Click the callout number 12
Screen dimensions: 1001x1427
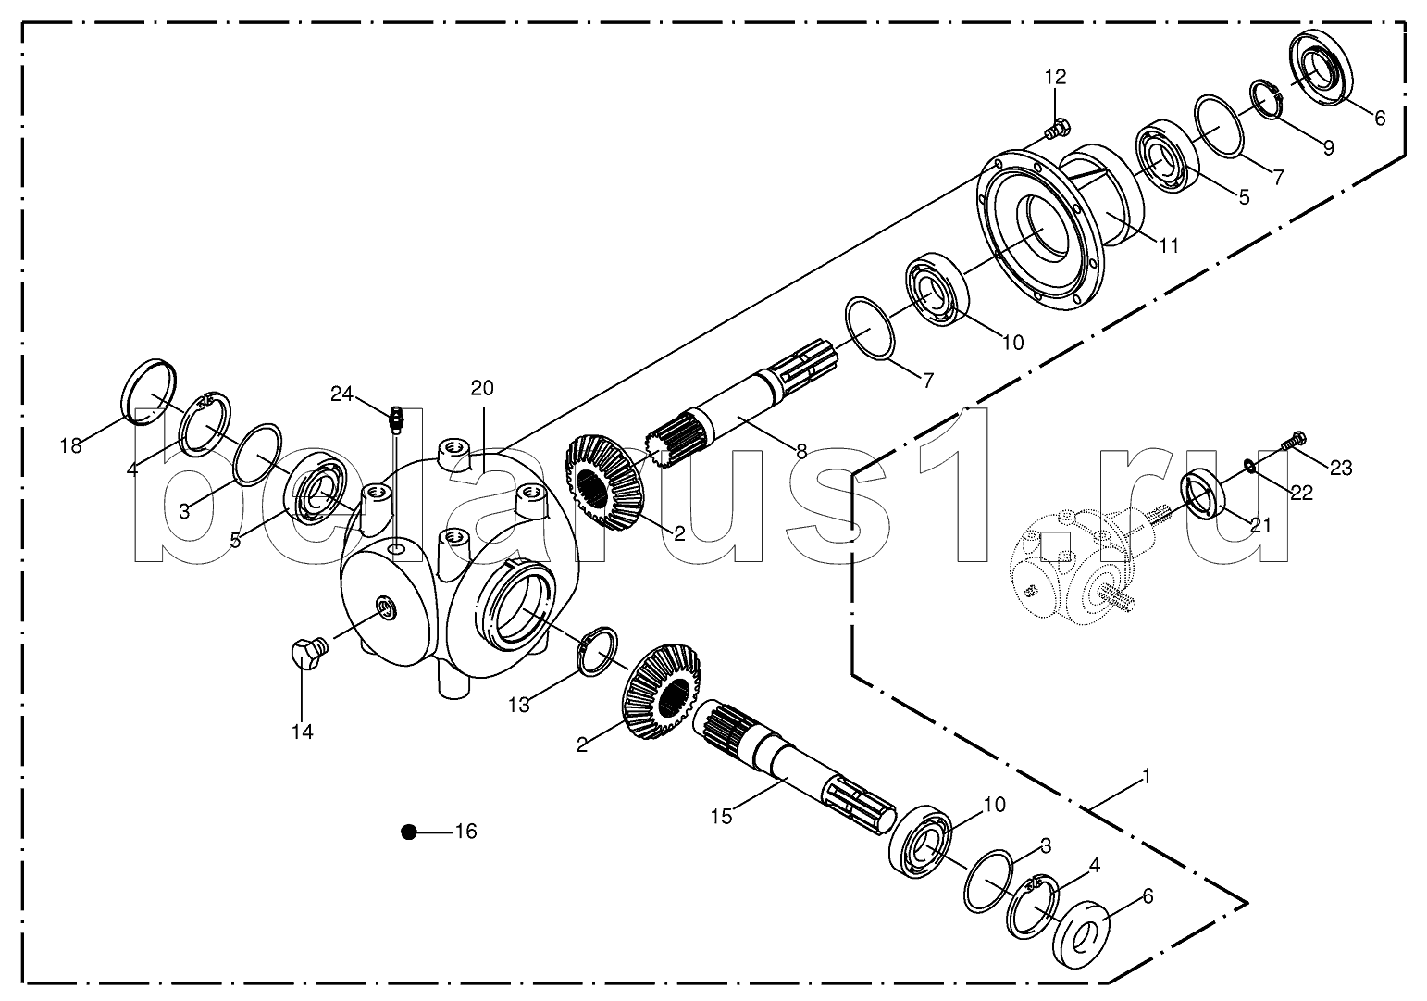(1056, 77)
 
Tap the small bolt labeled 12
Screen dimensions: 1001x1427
(1056, 127)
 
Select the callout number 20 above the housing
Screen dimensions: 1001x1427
(482, 388)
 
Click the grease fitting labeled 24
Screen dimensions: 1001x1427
(395, 419)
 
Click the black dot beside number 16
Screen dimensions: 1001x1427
(409, 832)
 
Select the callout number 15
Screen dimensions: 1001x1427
(720, 816)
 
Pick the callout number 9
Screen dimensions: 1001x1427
(1328, 147)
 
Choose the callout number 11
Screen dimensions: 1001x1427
(1169, 245)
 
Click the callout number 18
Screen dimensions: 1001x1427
(70, 445)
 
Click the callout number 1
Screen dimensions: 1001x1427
(1147, 778)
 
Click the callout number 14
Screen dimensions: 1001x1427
(303, 732)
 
